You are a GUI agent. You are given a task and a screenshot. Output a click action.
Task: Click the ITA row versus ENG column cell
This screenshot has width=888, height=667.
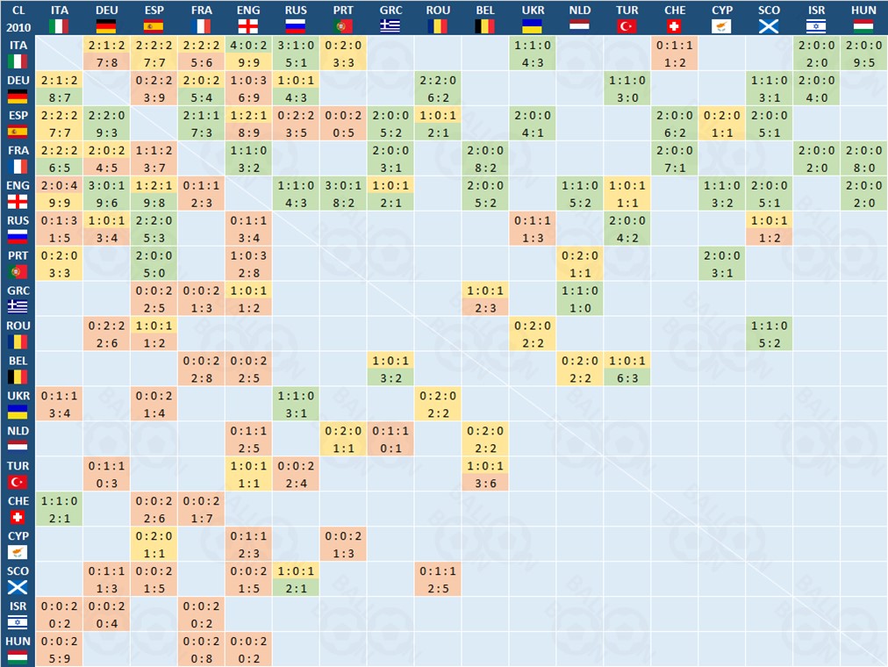(x=248, y=53)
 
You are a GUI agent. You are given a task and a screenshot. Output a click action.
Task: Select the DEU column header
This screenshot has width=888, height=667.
(x=106, y=18)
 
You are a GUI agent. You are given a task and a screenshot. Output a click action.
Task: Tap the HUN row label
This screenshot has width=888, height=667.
(x=18, y=649)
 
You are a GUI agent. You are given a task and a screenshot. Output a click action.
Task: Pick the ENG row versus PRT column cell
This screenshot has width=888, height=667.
(x=343, y=193)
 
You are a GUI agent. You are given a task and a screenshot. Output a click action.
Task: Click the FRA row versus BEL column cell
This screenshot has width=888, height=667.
(x=485, y=158)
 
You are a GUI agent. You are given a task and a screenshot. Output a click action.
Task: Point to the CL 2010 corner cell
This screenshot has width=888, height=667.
(x=18, y=18)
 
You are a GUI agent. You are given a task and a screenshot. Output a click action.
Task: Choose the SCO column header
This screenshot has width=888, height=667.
(x=770, y=18)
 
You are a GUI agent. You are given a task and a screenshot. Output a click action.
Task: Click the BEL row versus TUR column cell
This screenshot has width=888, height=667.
(x=627, y=369)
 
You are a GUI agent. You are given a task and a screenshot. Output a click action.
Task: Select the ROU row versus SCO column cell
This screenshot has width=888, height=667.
(x=770, y=333)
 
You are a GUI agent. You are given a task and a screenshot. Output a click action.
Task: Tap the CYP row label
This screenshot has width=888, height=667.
(x=18, y=544)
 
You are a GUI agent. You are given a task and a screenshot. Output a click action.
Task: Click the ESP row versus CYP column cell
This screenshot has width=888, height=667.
(x=722, y=123)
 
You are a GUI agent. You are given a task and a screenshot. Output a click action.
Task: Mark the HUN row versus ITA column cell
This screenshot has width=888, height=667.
(x=59, y=649)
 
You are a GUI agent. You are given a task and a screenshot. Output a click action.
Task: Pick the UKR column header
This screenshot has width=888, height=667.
(x=533, y=18)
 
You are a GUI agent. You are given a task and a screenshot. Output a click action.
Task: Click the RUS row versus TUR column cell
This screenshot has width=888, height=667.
(x=627, y=228)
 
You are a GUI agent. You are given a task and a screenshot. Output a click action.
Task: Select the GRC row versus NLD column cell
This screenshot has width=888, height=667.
(x=580, y=298)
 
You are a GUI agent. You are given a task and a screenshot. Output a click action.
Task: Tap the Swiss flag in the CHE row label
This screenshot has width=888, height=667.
(x=18, y=517)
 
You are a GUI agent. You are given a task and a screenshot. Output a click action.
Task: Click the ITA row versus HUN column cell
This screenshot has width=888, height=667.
(x=864, y=53)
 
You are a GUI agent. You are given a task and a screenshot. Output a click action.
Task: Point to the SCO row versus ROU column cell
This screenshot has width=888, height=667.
(x=438, y=579)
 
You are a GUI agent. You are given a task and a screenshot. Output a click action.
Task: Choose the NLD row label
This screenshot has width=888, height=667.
(x=18, y=439)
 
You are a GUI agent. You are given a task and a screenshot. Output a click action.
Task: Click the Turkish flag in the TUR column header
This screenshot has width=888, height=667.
(x=627, y=25)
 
